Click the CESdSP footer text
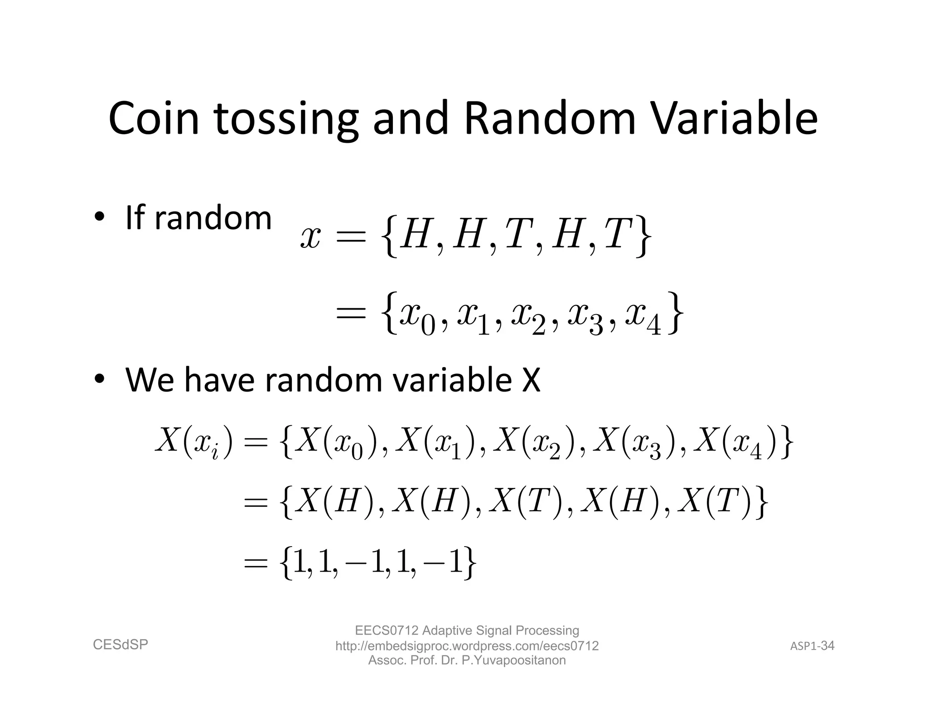click(121, 644)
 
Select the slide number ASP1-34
click(812, 646)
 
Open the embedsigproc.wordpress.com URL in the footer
click(467, 646)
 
